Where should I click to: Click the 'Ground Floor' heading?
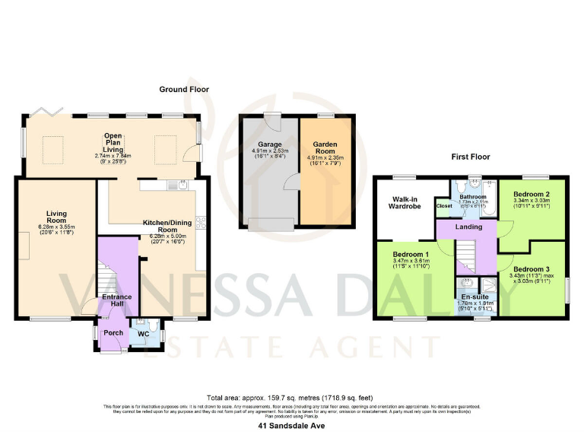click(x=183, y=89)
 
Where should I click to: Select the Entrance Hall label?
click(x=117, y=300)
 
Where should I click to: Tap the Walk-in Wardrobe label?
click(x=404, y=201)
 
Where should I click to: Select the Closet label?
click(x=443, y=205)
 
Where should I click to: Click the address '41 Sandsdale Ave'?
click(x=291, y=427)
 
